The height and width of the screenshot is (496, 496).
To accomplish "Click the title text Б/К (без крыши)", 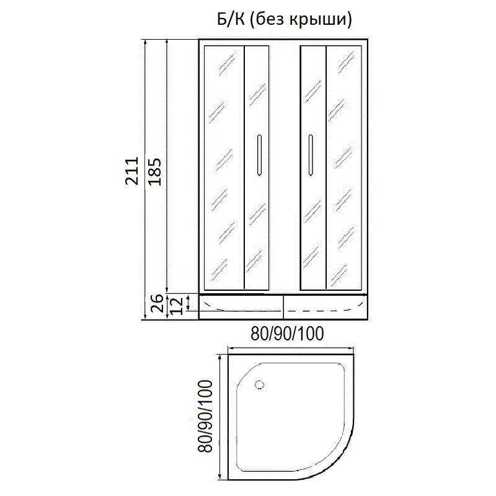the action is click(x=284, y=20).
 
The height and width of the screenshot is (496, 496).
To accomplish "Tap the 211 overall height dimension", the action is click(x=131, y=170).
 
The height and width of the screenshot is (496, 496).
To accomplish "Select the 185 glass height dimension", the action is click(x=154, y=171).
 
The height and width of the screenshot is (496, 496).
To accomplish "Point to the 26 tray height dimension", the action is click(x=157, y=303).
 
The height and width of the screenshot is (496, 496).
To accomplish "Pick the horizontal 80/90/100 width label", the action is click(x=287, y=334).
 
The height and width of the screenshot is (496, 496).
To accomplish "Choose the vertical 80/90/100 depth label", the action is click(x=205, y=416).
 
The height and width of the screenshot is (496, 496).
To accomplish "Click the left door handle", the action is click(x=259, y=155).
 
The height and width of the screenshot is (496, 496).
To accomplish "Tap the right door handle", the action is click(x=311, y=154).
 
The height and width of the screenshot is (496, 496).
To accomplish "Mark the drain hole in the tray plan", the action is click(x=260, y=385).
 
